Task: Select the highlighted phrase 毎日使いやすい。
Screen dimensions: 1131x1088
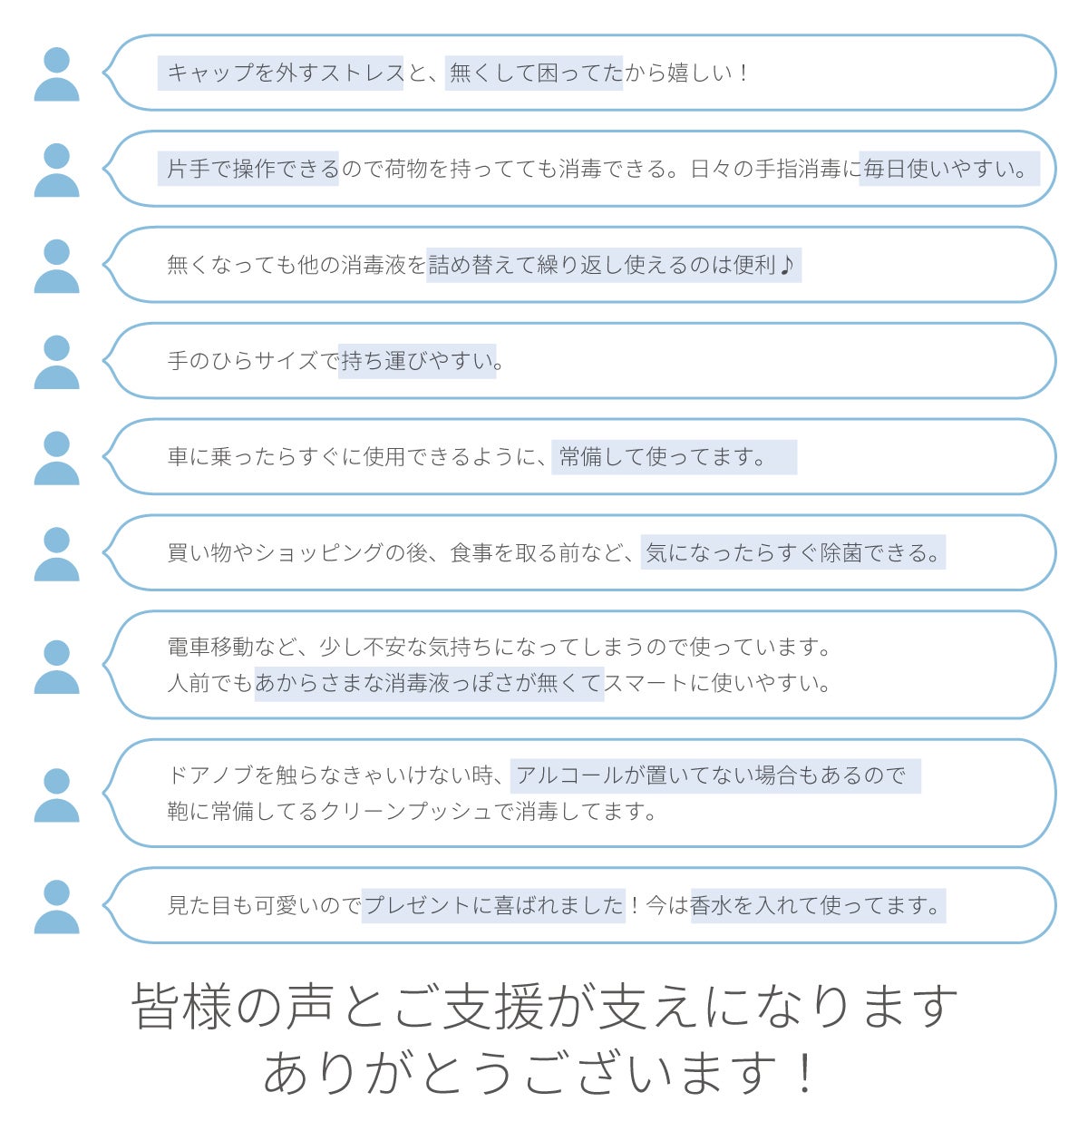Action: pyautogui.click(x=947, y=170)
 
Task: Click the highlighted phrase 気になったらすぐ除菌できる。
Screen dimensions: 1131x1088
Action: pyautogui.click(x=793, y=553)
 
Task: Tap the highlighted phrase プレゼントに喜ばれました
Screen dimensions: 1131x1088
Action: pyautogui.click(x=494, y=906)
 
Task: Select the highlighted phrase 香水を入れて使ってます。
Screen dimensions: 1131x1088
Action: pyautogui.click(x=817, y=906)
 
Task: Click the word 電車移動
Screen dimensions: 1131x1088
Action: pyautogui.click(x=211, y=648)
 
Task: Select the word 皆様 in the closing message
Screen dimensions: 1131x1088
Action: pyautogui.click(x=182, y=1007)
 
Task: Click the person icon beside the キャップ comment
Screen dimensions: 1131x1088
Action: pyautogui.click(x=57, y=74)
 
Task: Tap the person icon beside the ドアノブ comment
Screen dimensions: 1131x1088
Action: pyautogui.click(x=57, y=795)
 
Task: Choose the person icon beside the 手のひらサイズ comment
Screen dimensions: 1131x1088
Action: pyautogui.click(x=57, y=362)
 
